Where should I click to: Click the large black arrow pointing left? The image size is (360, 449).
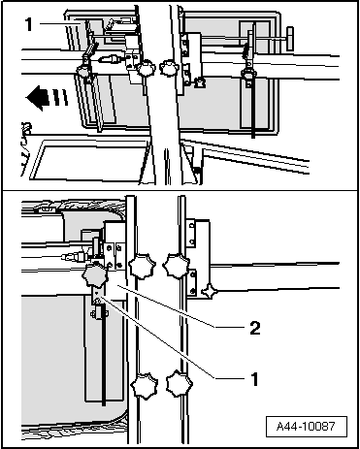click(37, 97)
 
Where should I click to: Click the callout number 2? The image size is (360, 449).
click(255, 328)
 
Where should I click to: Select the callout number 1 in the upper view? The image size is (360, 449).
click(29, 24)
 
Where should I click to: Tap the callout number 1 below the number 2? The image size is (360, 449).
click(255, 379)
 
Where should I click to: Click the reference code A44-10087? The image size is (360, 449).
click(306, 427)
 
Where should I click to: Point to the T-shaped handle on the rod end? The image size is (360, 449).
click(290, 39)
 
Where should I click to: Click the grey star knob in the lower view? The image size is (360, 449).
click(94, 274)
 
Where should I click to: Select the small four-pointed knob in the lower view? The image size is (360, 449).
click(210, 291)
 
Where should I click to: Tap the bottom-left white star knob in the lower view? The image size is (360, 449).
click(145, 385)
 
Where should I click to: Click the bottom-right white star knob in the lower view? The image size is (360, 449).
click(180, 384)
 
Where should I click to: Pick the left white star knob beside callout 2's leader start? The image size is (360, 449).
click(142, 267)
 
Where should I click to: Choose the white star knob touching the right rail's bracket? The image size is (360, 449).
click(176, 266)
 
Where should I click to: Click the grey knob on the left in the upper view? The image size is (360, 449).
click(83, 71)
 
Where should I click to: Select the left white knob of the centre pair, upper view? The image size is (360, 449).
click(146, 68)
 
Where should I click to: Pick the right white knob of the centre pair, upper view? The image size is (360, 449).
click(169, 68)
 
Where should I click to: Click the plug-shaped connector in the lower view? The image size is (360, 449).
click(74, 258)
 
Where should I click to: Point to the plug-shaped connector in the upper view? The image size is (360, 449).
click(111, 59)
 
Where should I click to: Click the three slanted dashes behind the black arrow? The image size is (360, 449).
click(59, 97)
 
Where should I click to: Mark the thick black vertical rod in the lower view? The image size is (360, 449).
click(104, 356)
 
